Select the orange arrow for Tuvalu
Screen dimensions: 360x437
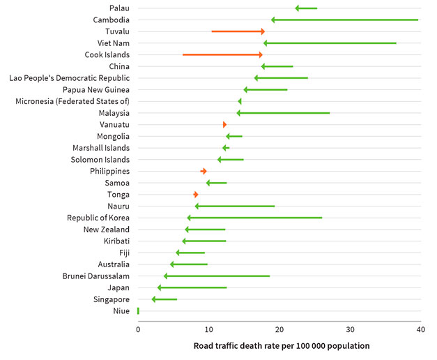[x=238, y=31]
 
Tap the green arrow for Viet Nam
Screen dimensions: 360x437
[x=330, y=43]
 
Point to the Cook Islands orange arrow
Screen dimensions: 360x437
[x=222, y=54]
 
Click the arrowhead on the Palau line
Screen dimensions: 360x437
[x=298, y=8]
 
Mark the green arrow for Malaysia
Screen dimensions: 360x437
[x=283, y=113]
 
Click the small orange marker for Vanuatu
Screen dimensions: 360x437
[x=224, y=125]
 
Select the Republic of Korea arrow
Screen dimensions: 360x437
[x=254, y=218]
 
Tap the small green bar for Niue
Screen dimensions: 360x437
[x=138, y=311]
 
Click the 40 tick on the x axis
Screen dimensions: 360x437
[x=420, y=329]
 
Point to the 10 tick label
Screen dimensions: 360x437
[x=208, y=329]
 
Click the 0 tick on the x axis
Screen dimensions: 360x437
[x=138, y=329]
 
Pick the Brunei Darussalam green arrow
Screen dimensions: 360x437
[x=217, y=276]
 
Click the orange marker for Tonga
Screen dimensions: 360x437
[x=196, y=195]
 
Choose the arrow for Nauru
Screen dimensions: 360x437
[x=235, y=207]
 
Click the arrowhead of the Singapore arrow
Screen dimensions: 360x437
[x=155, y=299]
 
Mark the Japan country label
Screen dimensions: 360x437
[x=118, y=287]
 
